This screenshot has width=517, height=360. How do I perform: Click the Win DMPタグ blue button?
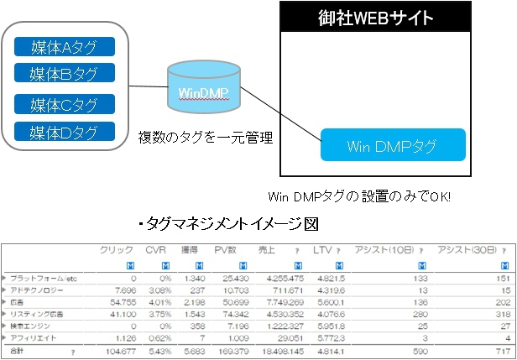[392, 145]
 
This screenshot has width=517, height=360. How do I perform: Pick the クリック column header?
[117, 251]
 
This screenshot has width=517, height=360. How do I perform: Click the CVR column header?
[156, 251]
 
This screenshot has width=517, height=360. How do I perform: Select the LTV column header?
[324, 251]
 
